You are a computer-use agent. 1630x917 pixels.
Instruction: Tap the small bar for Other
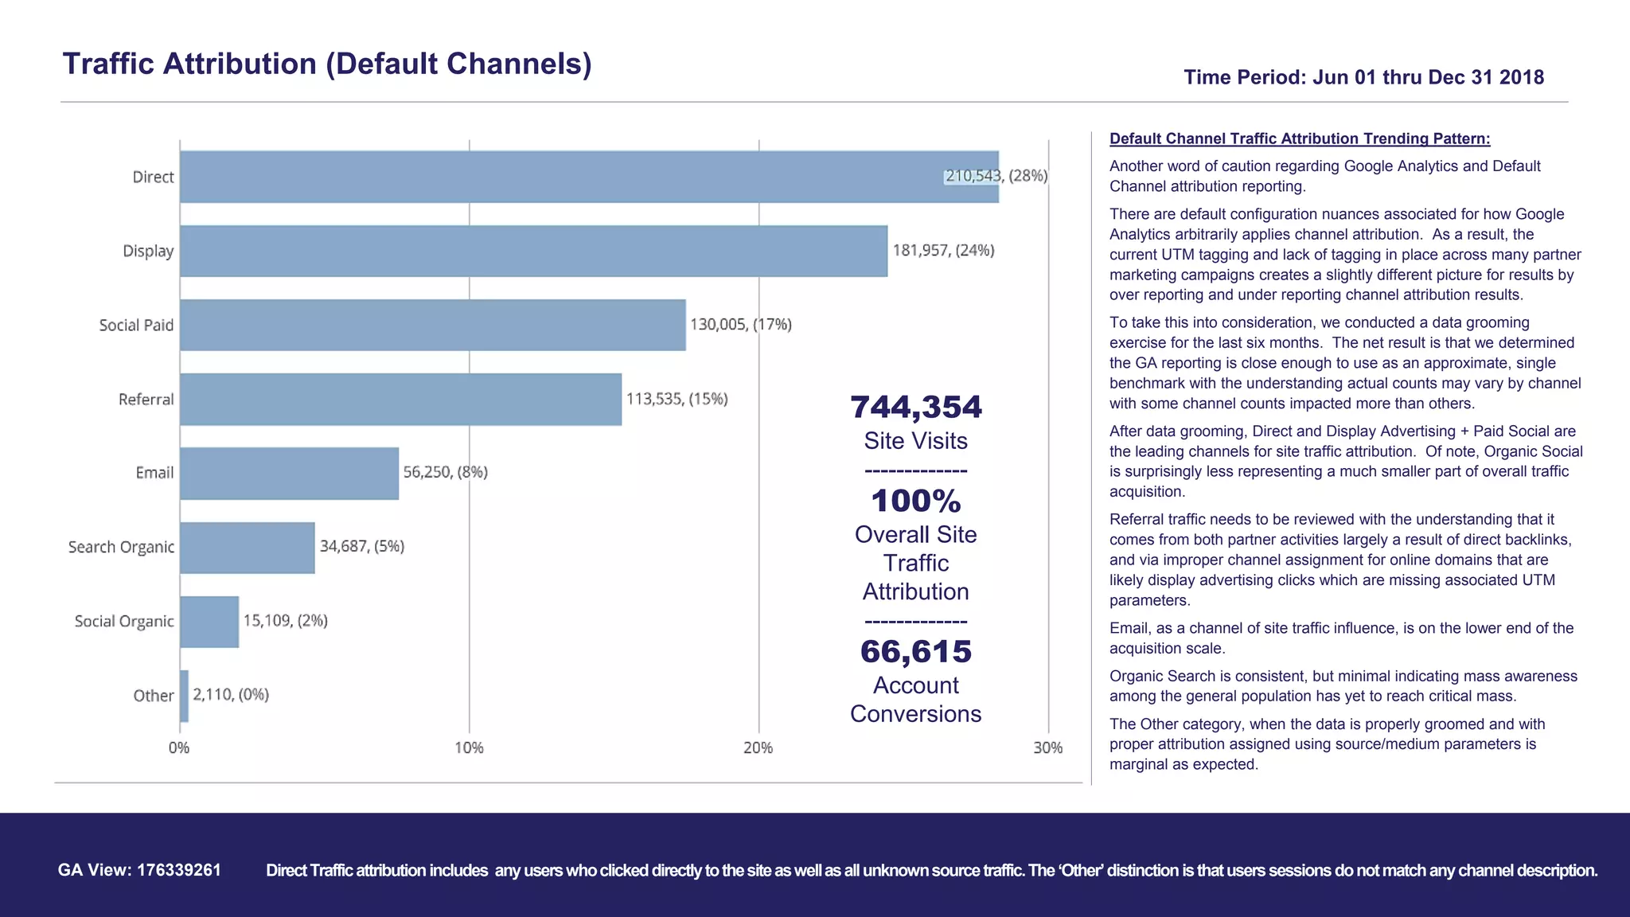[185, 696]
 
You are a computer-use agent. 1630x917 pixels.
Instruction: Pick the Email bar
[289, 473]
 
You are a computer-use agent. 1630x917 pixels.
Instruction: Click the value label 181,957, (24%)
[943, 251]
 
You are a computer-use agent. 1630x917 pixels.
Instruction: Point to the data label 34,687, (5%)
[362, 546]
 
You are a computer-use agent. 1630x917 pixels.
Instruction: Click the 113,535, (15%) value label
[677, 399]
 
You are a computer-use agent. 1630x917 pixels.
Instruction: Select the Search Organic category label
[121, 547]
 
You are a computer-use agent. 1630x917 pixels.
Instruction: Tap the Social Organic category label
[124, 621]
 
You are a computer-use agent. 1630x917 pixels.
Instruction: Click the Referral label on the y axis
[146, 400]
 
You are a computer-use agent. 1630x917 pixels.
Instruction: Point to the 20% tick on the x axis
[758, 748]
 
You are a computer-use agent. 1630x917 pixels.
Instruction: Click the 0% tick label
[179, 748]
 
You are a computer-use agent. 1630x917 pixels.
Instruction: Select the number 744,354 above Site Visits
[915, 407]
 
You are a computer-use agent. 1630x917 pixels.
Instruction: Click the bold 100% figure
[915, 501]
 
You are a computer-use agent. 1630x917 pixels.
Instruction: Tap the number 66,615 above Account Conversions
[915, 651]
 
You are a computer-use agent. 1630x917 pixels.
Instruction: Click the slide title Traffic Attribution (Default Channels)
[327, 64]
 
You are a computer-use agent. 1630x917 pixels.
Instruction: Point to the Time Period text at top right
[1363, 77]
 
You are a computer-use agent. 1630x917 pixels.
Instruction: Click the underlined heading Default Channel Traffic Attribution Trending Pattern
[1300, 139]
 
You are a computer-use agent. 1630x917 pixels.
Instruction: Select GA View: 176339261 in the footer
[139, 870]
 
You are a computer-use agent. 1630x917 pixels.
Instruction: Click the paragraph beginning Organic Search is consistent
[1343, 686]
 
